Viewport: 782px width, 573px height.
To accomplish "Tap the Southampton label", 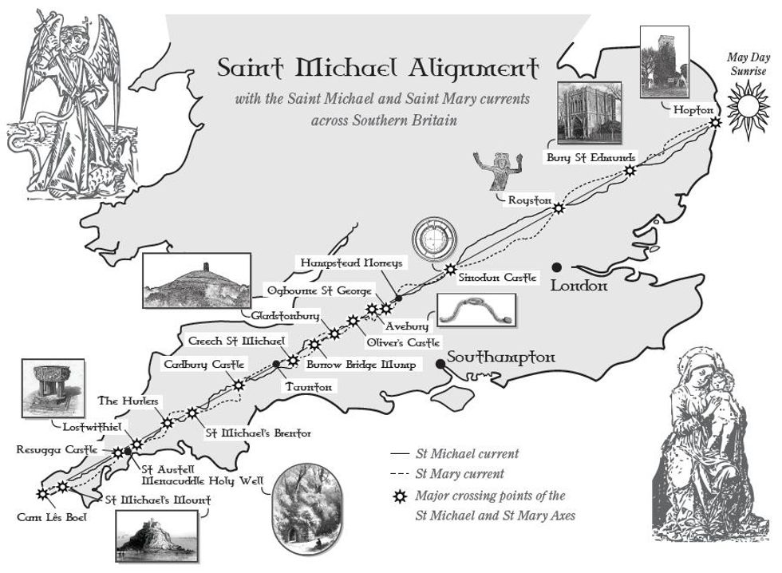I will (x=500, y=358).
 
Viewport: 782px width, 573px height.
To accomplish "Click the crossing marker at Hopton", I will (x=715, y=121).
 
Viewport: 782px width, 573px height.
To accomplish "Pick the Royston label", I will (x=530, y=200).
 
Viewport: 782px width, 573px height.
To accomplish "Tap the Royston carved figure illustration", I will (x=492, y=171).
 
